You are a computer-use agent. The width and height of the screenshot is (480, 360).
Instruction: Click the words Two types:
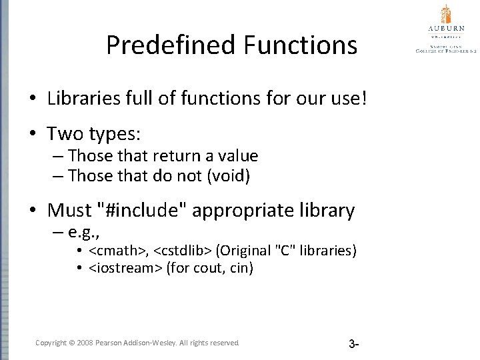[94, 134]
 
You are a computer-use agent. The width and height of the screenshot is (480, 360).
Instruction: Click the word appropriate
[247, 211]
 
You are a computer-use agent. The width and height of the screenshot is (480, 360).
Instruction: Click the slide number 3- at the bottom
[354, 344]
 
